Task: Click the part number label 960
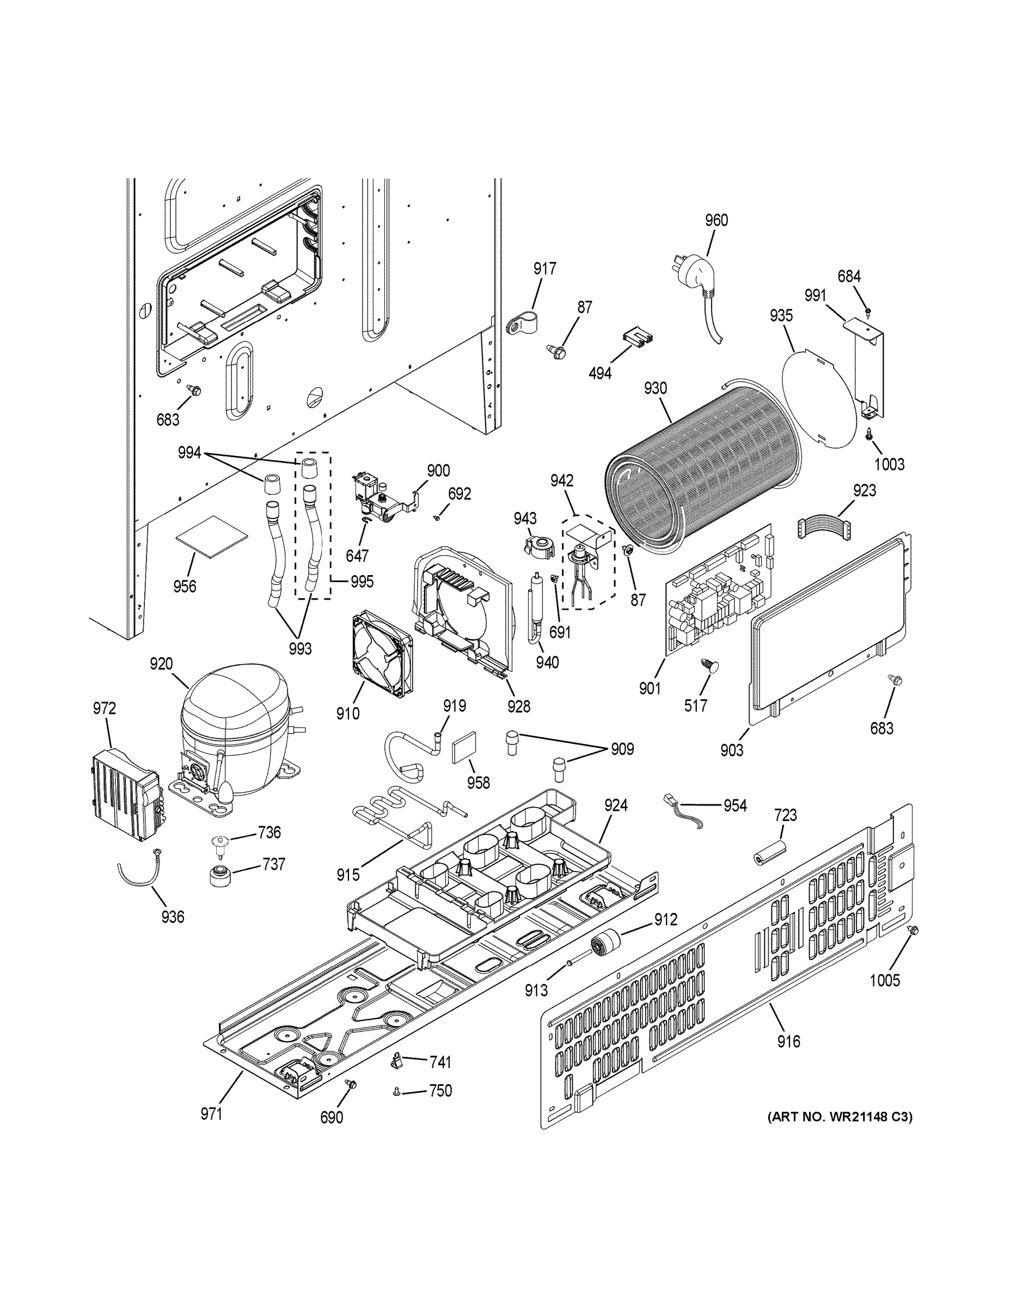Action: pos(716,220)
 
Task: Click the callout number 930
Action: pos(655,388)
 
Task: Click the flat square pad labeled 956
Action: pos(211,537)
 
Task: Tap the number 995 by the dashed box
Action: pos(362,581)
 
